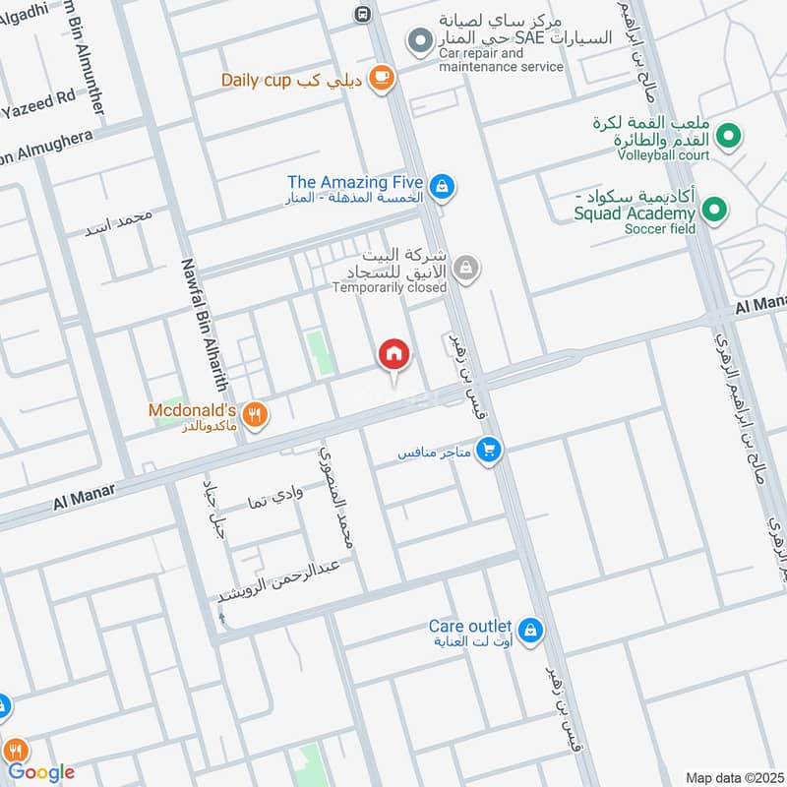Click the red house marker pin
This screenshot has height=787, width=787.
[394, 355]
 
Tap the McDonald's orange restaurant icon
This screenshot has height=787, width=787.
[255, 415]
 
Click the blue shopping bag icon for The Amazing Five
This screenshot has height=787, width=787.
[442, 185]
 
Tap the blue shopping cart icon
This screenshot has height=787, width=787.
[488, 451]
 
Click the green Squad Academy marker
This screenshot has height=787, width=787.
[715, 210]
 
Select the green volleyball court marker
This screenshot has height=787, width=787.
[729, 136]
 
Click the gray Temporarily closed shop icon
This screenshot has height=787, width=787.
[468, 267]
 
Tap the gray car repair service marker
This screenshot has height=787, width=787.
[420, 41]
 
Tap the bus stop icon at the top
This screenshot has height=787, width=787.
[363, 14]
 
